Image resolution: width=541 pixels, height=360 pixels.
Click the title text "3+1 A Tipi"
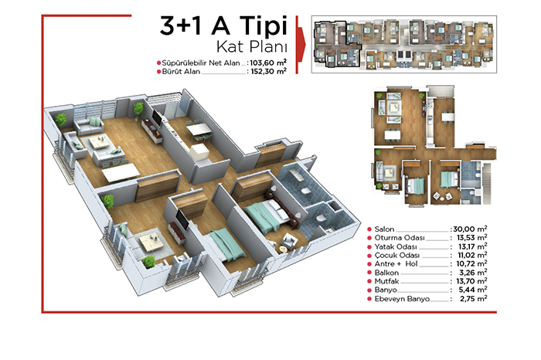click(x=223, y=25)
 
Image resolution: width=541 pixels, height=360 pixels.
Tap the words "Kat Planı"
click(x=252, y=47)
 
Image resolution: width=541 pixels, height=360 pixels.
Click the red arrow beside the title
click(x=301, y=45)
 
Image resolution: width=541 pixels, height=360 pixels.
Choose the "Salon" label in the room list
click(x=384, y=229)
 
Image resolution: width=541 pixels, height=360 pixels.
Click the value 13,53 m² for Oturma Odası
click(x=471, y=238)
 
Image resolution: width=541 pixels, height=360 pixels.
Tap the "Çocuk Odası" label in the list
click(x=397, y=256)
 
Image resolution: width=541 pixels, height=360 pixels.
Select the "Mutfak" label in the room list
click(x=386, y=281)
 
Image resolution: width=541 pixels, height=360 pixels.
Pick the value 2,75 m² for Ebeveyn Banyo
click(x=473, y=299)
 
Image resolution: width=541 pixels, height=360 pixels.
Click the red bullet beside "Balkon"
click(x=369, y=273)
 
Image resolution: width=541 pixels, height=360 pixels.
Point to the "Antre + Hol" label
click(x=396, y=264)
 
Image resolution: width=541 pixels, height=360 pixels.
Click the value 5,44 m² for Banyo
click(x=472, y=290)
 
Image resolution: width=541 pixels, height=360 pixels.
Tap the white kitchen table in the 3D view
click(x=199, y=130)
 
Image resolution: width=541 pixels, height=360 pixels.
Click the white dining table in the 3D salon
click(x=121, y=172)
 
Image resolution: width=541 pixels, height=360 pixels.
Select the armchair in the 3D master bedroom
click(x=288, y=241)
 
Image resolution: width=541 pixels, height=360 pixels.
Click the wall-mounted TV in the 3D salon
click(x=157, y=118)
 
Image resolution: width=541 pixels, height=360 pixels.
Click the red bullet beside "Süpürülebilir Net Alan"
click(x=159, y=63)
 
